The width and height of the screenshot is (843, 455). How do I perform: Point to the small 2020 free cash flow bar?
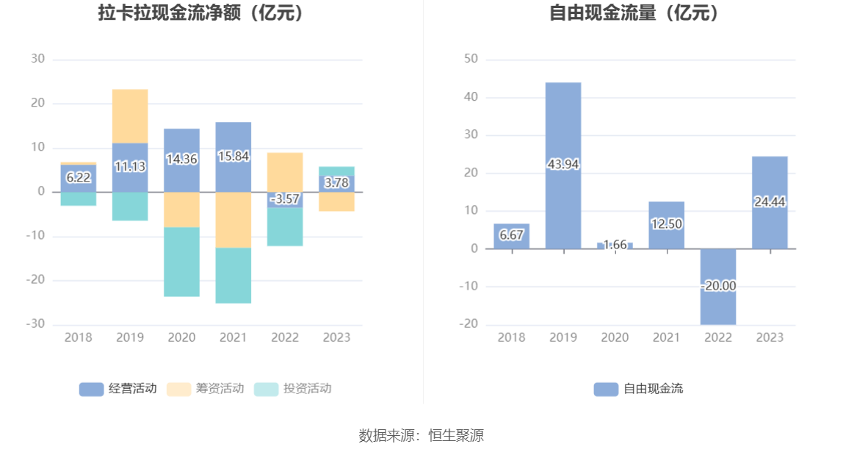pos(615,246)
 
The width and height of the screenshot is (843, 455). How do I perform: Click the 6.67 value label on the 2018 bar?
pos(512,235)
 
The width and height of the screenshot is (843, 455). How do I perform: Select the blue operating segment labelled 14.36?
pos(181,159)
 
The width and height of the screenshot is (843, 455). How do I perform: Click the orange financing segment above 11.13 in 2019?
pos(130,116)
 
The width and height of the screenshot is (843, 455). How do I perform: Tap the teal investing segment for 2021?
pos(234,276)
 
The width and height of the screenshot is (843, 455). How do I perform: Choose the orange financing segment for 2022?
pos(285,172)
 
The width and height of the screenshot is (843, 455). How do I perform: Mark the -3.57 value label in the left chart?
pos(285,199)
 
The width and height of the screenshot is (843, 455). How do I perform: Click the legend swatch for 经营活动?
pos(92,389)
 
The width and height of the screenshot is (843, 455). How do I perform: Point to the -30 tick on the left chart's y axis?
pos(37,324)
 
